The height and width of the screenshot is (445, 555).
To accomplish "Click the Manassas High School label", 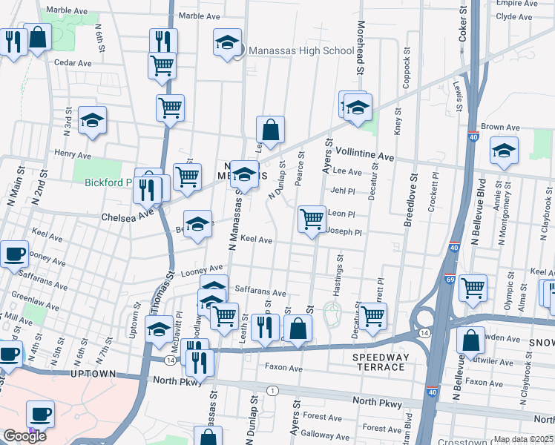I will pyautogui.click(x=301, y=50).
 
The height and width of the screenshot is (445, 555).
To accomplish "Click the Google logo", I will pyautogui.click(x=24, y=436).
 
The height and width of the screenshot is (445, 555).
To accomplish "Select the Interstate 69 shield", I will pyautogui.click(x=450, y=279).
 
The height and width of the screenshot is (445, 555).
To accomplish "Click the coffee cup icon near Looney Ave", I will pyautogui.click(x=14, y=254).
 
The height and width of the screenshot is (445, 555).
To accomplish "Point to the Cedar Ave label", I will pyautogui.click(x=72, y=63).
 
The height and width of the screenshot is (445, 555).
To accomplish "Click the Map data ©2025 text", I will pyautogui.click(x=523, y=439).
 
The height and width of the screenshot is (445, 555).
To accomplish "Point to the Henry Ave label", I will pyautogui.click(x=72, y=154).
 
